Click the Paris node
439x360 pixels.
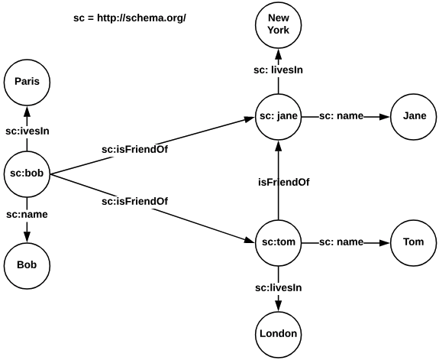(x=27, y=82)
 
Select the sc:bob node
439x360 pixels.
(x=27, y=174)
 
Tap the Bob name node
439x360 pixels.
(x=27, y=264)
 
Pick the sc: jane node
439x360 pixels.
(x=278, y=117)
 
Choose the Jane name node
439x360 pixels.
(x=414, y=117)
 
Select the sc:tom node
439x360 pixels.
(x=278, y=242)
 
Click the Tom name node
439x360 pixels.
(x=414, y=242)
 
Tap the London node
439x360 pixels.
(x=278, y=333)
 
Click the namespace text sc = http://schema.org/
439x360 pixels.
(x=124, y=17)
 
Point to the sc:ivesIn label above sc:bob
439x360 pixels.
(x=27, y=131)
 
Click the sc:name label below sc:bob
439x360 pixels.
(x=27, y=214)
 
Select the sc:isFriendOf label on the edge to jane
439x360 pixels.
(x=135, y=149)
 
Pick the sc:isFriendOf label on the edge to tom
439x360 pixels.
(x=135, y=202)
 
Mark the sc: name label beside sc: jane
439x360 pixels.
(x=341, y=117)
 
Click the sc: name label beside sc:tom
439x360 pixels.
(x=341, y=242)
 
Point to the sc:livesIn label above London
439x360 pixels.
(x=278, y=287)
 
